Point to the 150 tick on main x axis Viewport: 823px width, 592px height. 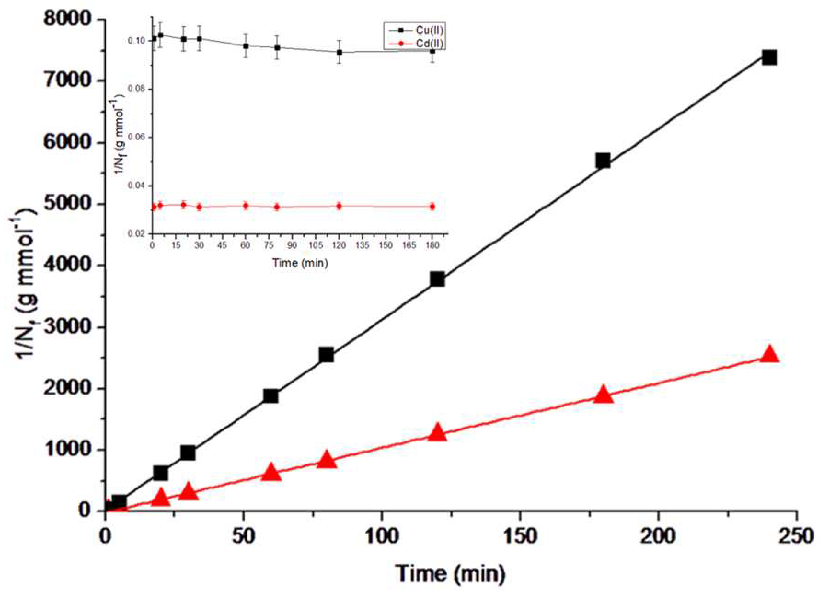[520, 537]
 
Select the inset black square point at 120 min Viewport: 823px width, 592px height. [339, 52]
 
